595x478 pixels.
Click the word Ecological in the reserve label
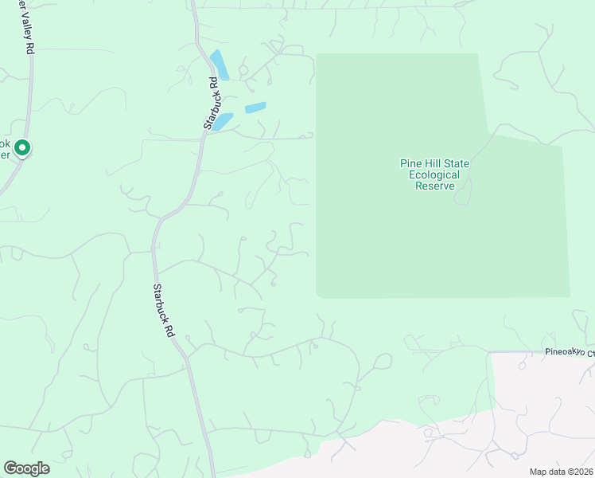point(434,175)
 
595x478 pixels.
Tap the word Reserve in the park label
point(434,186)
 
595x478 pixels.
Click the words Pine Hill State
point(434,164)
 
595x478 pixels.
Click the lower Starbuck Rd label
point(163,312)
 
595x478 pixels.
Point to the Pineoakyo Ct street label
point(569,351)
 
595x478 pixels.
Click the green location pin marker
point(23,148)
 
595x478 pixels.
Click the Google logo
point(26,468)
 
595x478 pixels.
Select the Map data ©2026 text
point(560,472)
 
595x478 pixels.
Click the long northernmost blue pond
point(220,65)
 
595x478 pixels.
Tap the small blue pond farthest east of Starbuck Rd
point(255,108)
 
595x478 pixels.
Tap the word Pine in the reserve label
point(410,164)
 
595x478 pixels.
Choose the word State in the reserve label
point(457,164)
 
